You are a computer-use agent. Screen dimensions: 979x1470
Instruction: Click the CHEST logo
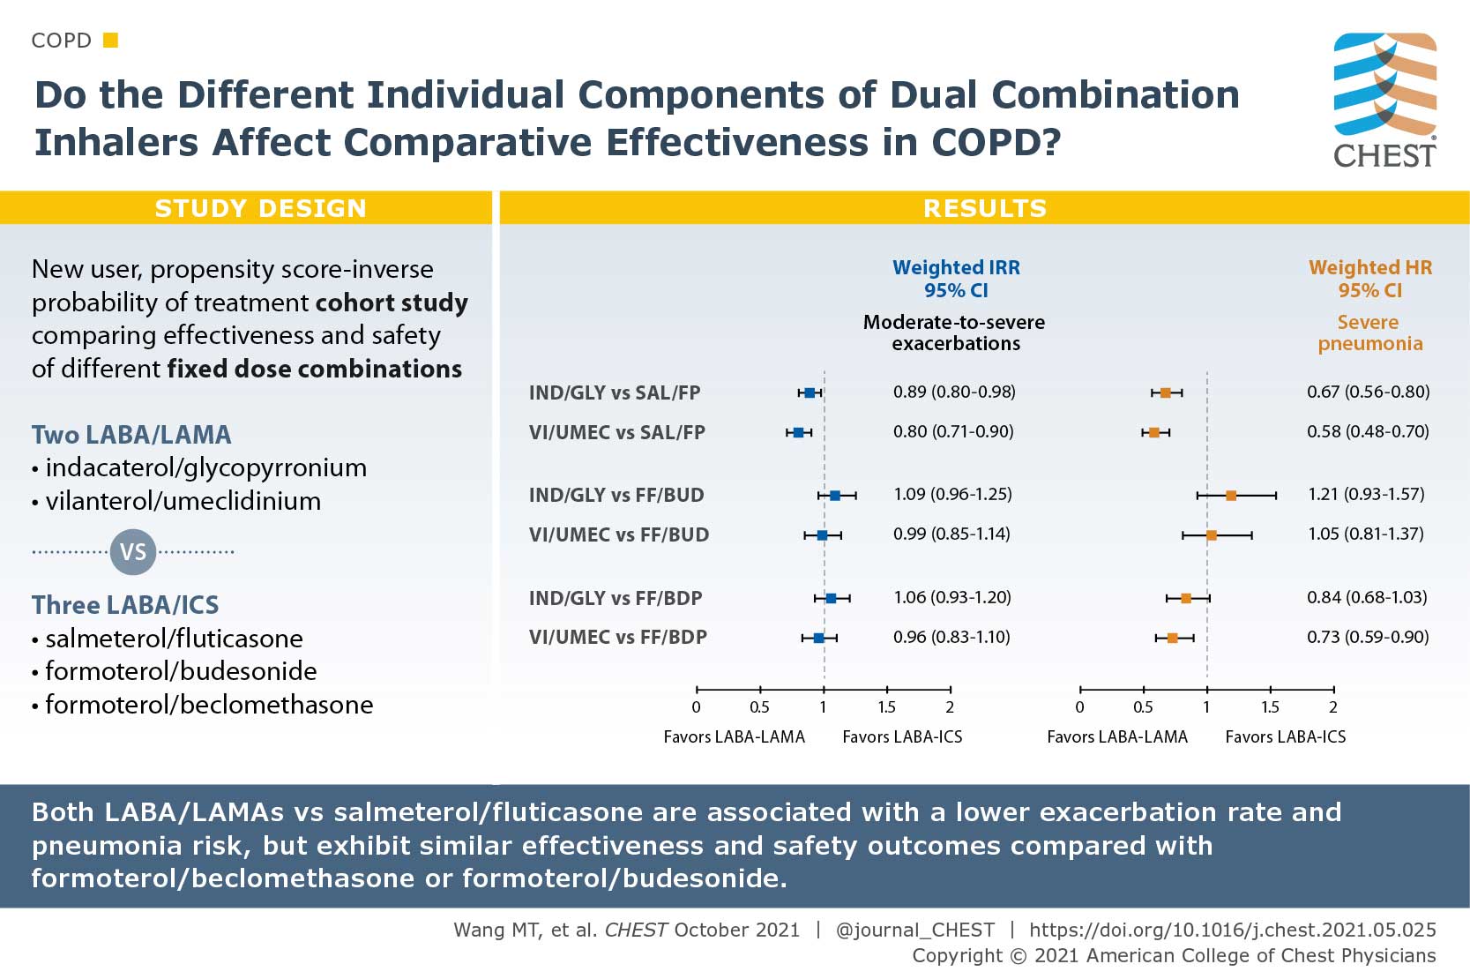[1384, 100]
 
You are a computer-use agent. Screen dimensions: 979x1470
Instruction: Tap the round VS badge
[132, 552]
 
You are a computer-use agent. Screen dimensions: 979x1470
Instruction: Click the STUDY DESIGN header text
[260, 208]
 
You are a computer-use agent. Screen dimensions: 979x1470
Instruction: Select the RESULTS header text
[984, 208]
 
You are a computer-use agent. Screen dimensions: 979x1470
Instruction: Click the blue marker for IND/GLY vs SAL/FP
[810, 392]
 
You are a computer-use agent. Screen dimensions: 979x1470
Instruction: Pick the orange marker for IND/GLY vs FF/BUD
[1231, 496]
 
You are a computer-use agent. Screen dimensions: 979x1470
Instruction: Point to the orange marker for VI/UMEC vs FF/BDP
[1172, 638]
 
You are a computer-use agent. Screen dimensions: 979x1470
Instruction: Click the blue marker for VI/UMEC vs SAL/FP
[798, 432]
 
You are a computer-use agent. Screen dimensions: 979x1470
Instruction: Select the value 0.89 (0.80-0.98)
[954, 392]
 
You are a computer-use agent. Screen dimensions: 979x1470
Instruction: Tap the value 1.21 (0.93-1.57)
[1366, 494]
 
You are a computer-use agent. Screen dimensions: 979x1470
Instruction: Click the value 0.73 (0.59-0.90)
[1368, 637]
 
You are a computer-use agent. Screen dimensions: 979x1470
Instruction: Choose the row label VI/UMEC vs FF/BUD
[618, 534]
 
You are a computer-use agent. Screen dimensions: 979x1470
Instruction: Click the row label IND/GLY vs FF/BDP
[616, 598]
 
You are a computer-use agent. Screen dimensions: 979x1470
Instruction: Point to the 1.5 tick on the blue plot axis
[886, 706]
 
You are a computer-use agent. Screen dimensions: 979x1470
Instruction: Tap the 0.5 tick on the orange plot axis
[1143, 706]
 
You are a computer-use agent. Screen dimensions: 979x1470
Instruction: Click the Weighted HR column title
[1369, 267]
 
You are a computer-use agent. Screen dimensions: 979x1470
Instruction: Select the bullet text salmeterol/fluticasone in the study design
[174, 638]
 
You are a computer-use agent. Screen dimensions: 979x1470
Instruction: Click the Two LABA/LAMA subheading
[131, 435]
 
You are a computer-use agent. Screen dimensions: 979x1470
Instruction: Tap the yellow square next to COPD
[110, 40]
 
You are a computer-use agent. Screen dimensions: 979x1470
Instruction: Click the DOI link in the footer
[1232, 930]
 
